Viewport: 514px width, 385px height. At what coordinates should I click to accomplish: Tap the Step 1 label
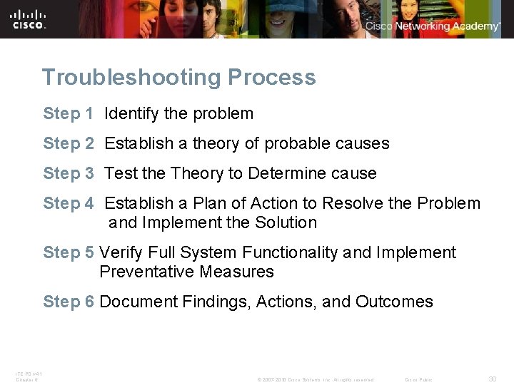[x=69, y=113]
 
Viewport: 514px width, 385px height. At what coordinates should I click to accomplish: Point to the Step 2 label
[x=69, y=143]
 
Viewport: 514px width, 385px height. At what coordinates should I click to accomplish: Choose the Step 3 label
[x=69, y=173]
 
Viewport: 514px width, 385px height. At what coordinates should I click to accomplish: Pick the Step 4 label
[x=69, y=203]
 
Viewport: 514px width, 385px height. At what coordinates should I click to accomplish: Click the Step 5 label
[x=69, y=252]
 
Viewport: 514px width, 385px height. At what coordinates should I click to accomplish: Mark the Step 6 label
[x=69, y=302]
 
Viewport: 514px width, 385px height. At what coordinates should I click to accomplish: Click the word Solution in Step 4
[x=286, y=222]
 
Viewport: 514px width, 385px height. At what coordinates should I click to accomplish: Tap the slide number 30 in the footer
[x=493, y=379]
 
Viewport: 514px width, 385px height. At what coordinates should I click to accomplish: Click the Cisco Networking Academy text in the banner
[x=433, y=26]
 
